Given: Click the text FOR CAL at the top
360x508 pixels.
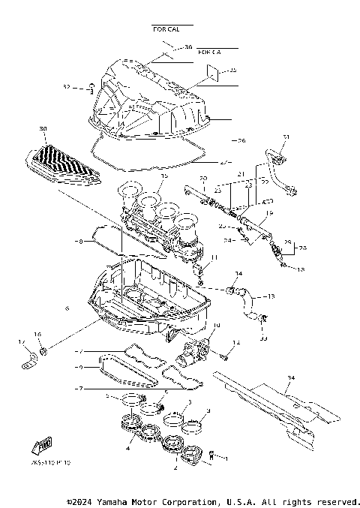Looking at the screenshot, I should tap(166, 29).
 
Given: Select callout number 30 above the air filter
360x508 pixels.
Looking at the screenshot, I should tap(42, 130).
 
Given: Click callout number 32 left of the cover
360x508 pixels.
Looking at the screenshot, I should tap(66, 88).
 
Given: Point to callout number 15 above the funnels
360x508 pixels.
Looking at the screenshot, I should tap(164, 175).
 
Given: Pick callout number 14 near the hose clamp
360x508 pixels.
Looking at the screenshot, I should tap(239, 273).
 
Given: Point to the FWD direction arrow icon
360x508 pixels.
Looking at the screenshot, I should tap(45, 447).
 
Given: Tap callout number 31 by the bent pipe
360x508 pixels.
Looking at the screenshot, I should tap(285, 137).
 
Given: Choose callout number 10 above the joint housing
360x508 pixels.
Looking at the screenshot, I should tap(216, 326).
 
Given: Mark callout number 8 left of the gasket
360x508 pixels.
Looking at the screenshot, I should tap(78, 242).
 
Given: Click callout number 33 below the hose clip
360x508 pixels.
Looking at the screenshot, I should tap(262, 339).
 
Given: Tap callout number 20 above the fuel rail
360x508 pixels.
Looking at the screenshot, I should tap(202, 178).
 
